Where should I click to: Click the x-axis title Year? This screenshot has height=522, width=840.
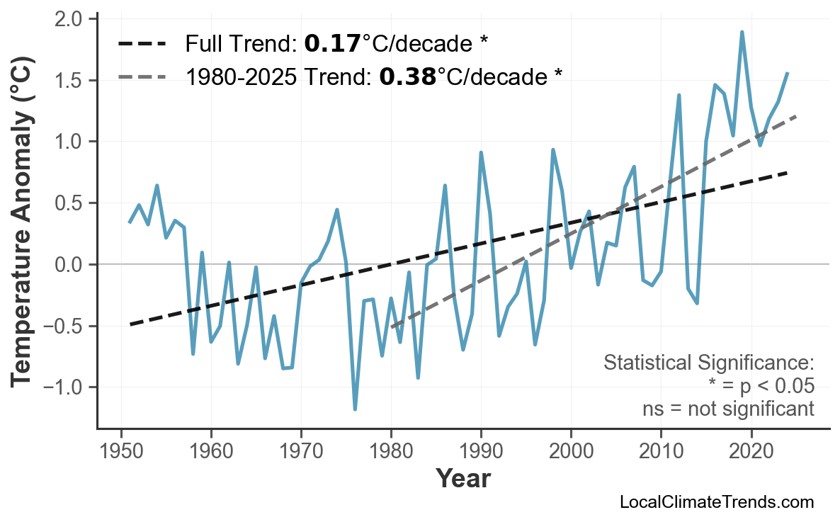tap(462, 479)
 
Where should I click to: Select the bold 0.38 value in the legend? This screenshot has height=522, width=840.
tap(407, 76)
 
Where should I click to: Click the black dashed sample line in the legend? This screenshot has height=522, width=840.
tap(142, 45)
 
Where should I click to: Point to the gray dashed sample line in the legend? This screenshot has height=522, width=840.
tap(142, 76)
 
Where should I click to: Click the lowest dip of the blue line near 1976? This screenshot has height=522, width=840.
tap(355, 409)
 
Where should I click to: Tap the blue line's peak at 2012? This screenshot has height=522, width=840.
tap(679, 95)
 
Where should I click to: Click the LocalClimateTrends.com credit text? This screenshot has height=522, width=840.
tap(716, 502)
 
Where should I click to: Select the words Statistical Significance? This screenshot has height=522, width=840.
tap(708, 363)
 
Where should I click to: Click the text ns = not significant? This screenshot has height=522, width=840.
tap(728, 409)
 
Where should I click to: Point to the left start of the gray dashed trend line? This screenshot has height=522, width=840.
tap(392, 327)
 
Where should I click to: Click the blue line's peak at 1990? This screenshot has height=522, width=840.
tap(481, 153)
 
